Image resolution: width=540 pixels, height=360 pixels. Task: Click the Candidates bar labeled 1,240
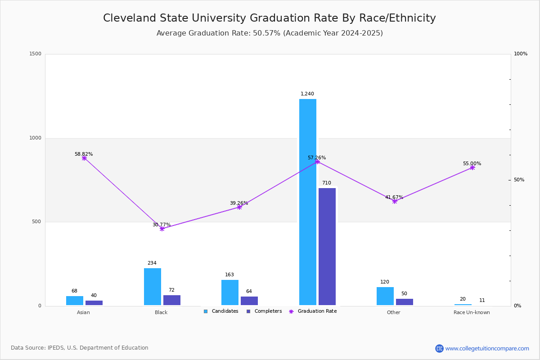308,202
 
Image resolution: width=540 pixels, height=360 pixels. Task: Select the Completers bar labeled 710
327,247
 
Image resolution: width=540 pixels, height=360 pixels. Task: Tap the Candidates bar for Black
153,287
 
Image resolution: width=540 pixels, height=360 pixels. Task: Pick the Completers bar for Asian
94,303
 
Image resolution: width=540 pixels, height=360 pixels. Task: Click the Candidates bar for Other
385,296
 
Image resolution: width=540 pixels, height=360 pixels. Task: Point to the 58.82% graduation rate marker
84,158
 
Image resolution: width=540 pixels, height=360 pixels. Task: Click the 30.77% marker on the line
162,229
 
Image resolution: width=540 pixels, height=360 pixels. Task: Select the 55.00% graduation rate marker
472,167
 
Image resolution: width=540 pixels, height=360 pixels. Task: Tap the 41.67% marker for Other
395,201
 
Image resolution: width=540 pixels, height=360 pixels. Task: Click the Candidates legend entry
221,311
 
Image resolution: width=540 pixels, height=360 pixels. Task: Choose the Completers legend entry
264,311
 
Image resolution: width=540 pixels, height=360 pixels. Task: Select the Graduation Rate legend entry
313,311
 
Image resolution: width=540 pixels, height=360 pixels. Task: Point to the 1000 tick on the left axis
35,138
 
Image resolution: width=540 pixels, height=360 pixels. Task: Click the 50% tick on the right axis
519,180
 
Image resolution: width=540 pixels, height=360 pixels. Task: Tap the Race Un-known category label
472,312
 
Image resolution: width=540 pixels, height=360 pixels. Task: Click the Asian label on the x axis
83,312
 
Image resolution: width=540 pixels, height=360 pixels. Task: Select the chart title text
270,18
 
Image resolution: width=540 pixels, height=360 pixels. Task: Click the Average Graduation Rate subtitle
270,33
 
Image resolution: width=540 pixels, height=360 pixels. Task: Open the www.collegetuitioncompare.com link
487,348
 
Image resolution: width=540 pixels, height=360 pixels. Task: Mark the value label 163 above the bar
229,274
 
